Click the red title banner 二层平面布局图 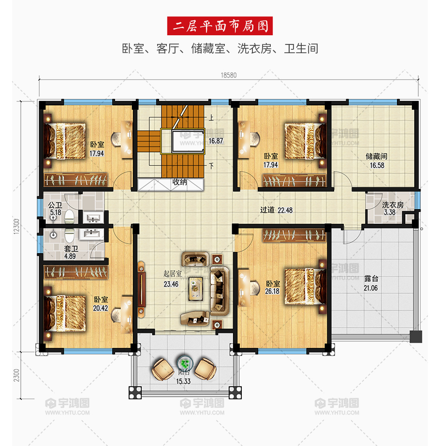[x=220, y=26]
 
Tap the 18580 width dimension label [x=229, y=75]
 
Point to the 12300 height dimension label [x=16, y=227]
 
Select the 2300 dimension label [x=16, y=375]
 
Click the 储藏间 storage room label [x=376, y=156]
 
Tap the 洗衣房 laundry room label [x=393, y=205]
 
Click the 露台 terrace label [x=371, y=278]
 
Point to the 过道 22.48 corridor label [x=276, y=210]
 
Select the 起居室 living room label [x=173, y=273]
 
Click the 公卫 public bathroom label [x=55, y=205]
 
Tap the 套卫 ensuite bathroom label [x=71, y=248]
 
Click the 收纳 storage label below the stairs [x=179, y=182]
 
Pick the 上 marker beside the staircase [x=211, y=117]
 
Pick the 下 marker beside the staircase [x=211, y=166]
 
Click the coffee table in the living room [x=196, y=288]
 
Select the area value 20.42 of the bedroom [x=101, y=308]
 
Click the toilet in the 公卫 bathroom [x=69, y=217]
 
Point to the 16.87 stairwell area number [x=216, y=141]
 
